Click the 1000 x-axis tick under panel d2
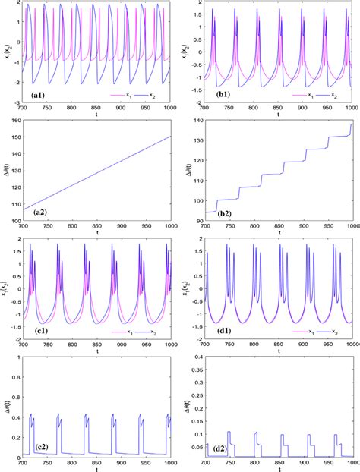click(351, 464)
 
